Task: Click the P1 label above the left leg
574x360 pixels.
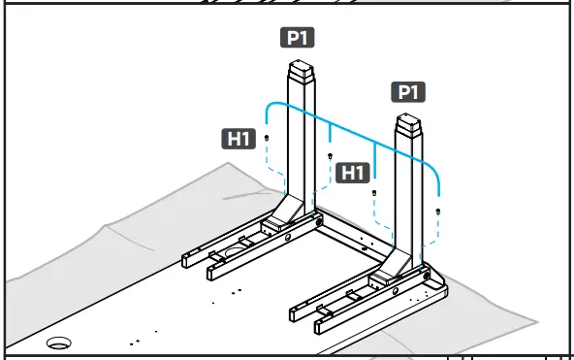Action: [299, 39]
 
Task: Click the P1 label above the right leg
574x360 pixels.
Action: [408, 92]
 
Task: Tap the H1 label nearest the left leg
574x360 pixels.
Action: [238, 139]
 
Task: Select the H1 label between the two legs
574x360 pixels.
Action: [353, 173]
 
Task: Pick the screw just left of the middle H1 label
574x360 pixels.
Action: [331, 156]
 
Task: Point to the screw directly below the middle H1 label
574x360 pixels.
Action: [374, 193]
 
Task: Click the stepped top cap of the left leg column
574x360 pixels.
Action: [302, 74]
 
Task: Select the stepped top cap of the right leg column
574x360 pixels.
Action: [410, 126]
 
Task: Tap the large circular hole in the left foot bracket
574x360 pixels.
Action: [235, 251]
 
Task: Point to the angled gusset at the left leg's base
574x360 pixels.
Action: [288, 208]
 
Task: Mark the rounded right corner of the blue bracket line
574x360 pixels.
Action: [436, 176]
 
